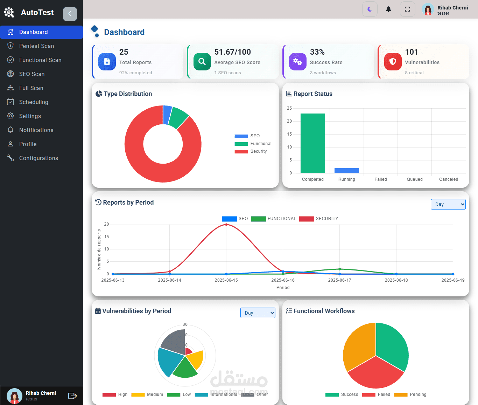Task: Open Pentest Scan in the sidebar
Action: click(36, 46)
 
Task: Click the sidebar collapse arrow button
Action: click(70, 14)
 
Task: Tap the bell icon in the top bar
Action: click(388, 9)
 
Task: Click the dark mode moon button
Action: click(370, 9)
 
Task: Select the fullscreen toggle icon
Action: click(407, 9)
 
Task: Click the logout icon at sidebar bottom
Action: click(72, 396)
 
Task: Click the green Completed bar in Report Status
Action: click(312, 143)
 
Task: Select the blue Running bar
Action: click(347, 170)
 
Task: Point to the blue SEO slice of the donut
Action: click(167, 115)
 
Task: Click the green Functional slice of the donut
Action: click(178, 118)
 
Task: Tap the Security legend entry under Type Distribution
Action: click(251, 151)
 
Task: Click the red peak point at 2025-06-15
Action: click(226, 225)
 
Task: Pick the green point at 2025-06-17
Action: click(339, 269)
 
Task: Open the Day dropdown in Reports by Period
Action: click(448, 204)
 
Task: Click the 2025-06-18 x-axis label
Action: click(396, 280)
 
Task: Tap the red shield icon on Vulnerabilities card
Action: click(393, 62)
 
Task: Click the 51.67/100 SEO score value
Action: click(232, 52)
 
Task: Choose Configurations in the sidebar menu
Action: click(38, 158)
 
